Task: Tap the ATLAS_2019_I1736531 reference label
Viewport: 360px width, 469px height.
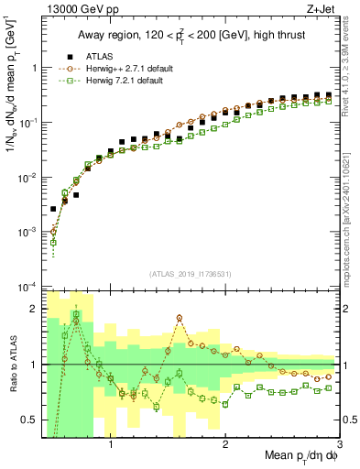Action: pyautogui.click(x=191, y=272)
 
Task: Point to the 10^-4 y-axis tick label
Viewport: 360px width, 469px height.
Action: pyautogui.click(x=28, y=287)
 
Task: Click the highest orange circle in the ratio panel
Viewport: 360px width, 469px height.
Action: pyautogui.click(x=180, y=318)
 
